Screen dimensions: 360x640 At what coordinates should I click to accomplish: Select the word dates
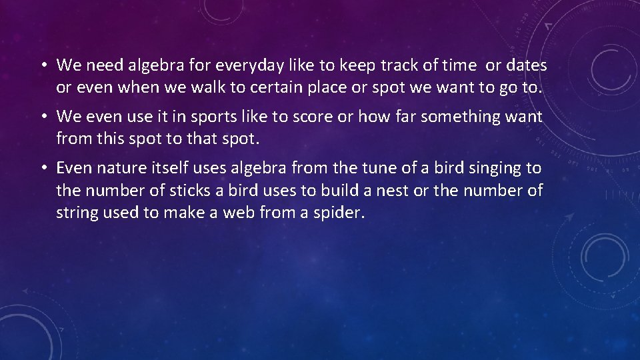(526, 65)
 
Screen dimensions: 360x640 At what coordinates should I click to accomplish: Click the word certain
(249, 88)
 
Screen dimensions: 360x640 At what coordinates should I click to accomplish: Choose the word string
(77, 214)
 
